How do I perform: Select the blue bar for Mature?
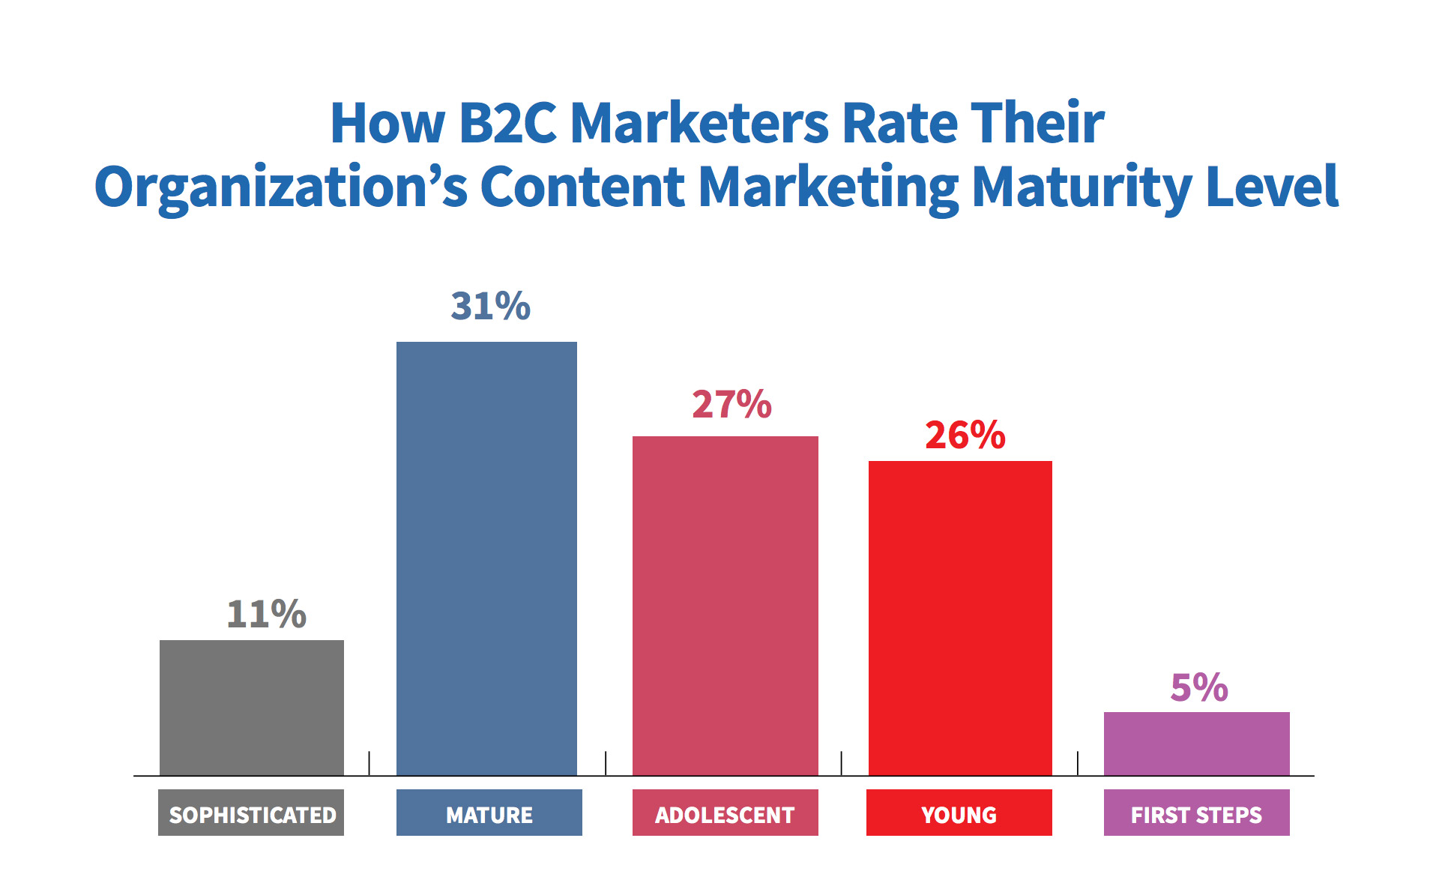click(486, 558)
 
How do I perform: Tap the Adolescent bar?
click(725, 605)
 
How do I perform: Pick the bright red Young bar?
click(960, 618)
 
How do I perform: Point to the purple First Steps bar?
click(1196, 743)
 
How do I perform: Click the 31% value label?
click(490, 306)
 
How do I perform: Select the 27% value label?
click(731, 404)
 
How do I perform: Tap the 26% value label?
click(965, 435)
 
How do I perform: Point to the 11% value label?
click(266, 614)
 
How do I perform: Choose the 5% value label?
click(1199, 687)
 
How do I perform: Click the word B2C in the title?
click(507, 123)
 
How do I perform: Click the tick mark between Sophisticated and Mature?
click(369, 763)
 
